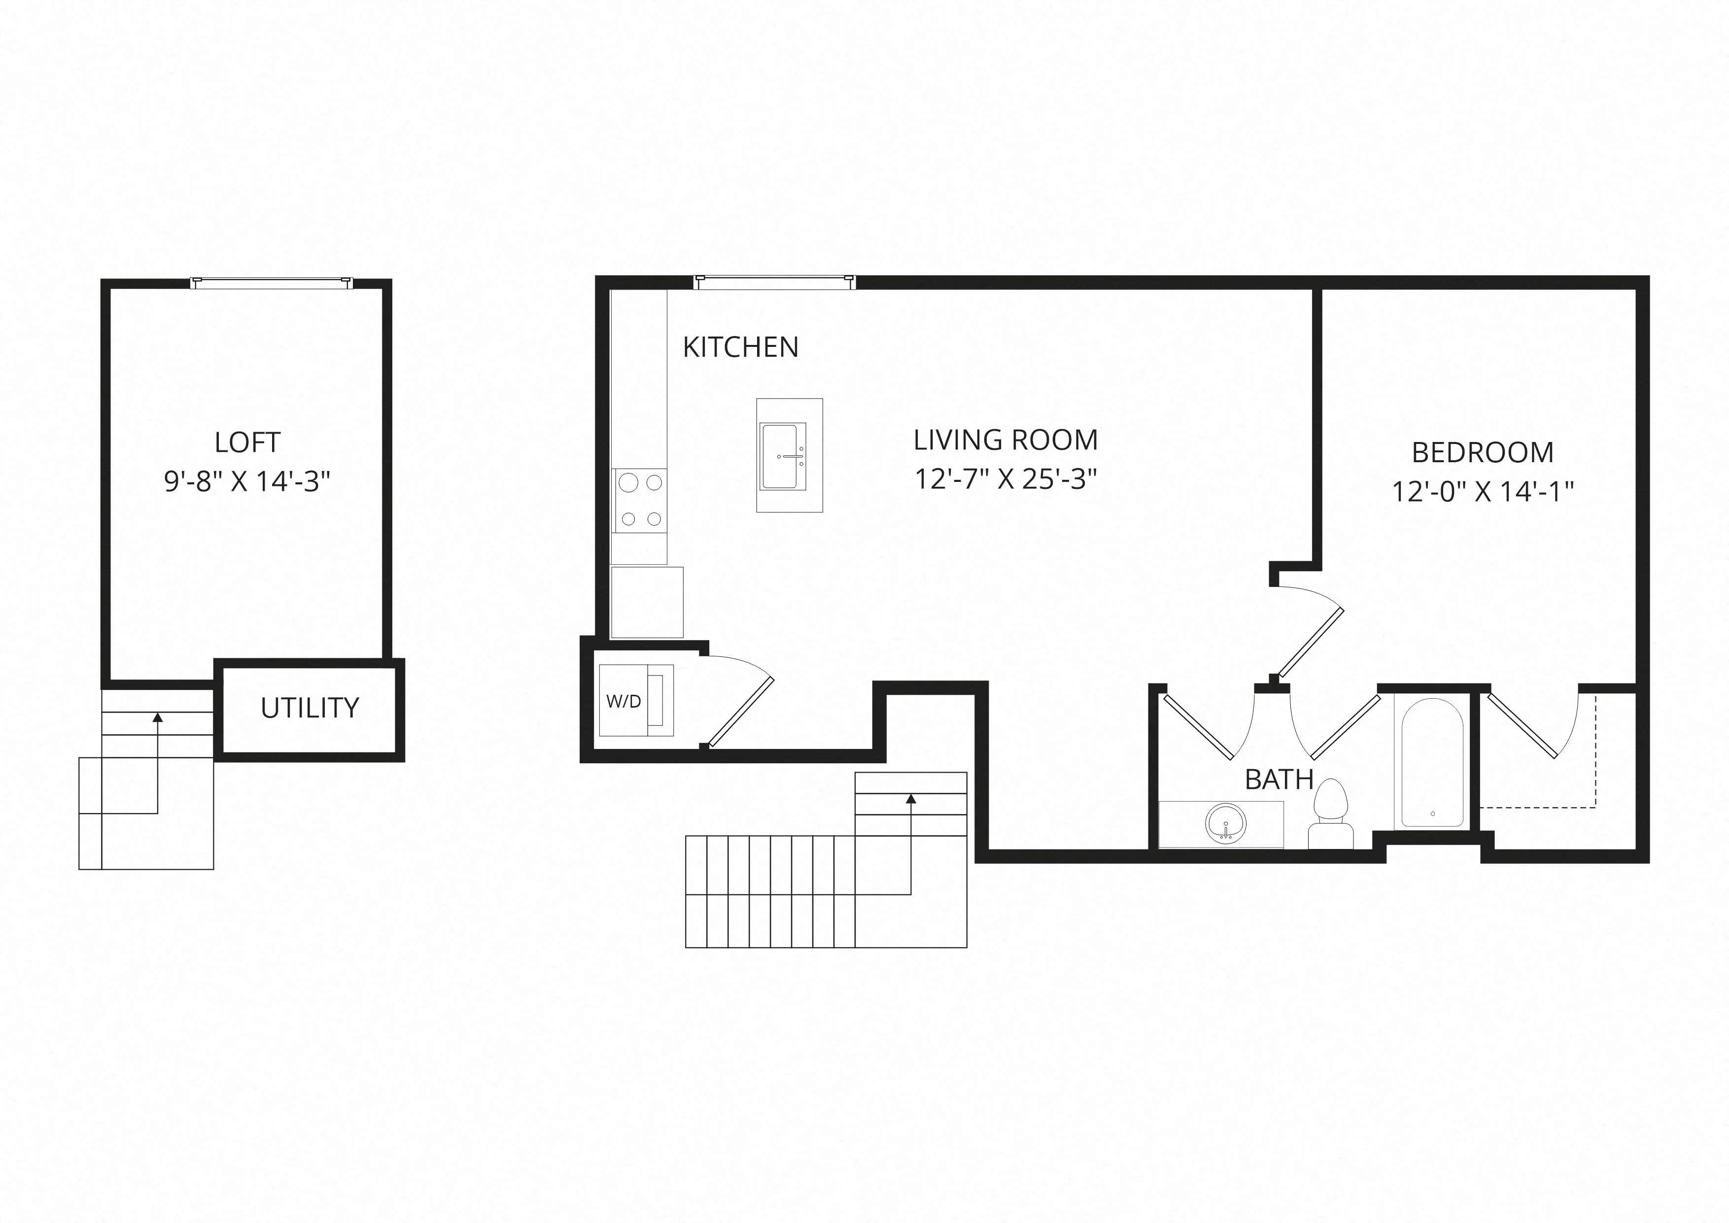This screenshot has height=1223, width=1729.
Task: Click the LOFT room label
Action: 248,442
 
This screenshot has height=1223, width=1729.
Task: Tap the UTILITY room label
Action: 310,708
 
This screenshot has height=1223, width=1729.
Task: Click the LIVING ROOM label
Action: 1005,440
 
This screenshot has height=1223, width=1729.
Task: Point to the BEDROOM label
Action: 1483,453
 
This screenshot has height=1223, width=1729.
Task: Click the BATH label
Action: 1279,780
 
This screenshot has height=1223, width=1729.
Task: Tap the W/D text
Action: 623,701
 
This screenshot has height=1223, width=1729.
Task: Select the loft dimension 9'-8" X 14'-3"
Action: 248,480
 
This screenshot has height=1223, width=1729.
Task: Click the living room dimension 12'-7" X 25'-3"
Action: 1005,479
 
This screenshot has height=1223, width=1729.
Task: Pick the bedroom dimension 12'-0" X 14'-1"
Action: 1483,492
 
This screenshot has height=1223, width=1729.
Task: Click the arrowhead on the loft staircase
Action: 157,717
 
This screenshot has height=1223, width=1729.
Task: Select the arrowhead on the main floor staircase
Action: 911,798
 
